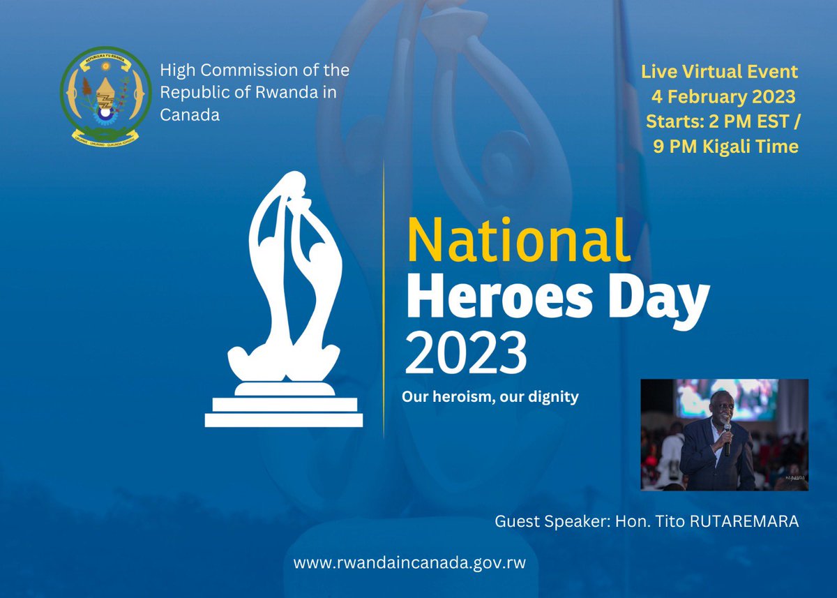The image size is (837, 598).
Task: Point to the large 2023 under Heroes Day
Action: (466, 353)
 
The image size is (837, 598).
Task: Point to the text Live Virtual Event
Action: (720, 72)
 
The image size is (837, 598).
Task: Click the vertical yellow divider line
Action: (384, 300)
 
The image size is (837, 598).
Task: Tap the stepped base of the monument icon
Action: (284, 412)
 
